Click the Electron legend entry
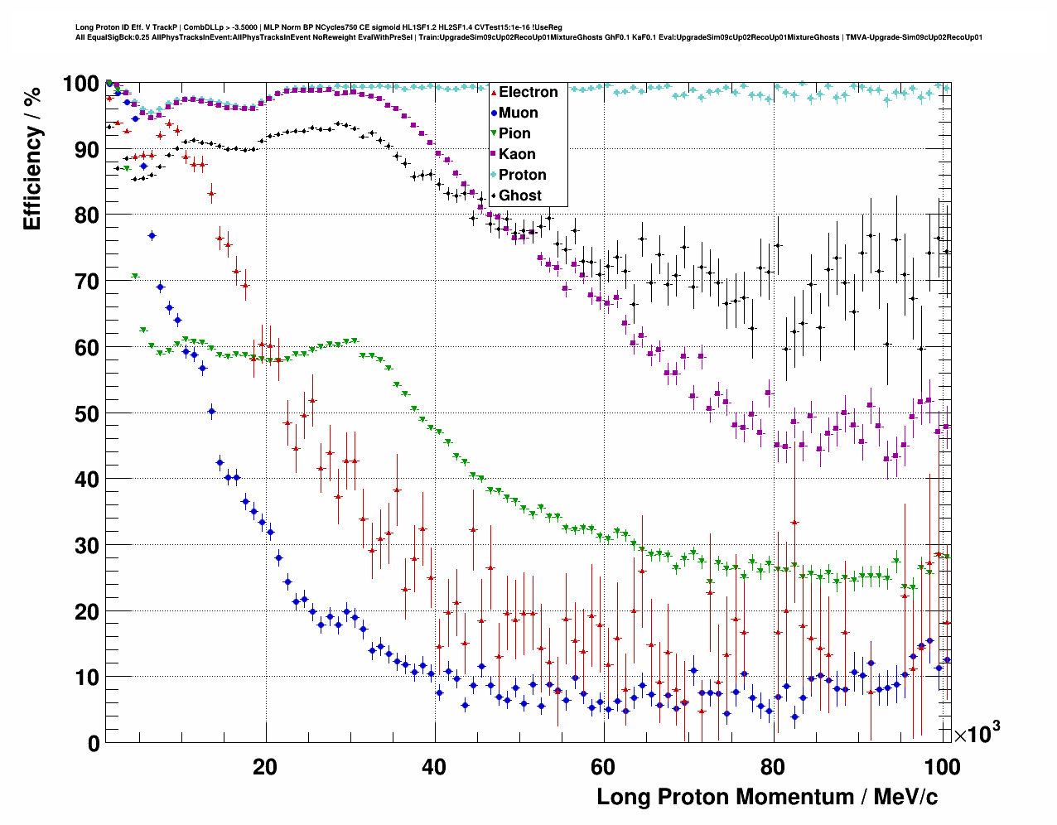tap(528, 92)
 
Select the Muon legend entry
tap(518, 113)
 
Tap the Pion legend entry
tap(514, 133)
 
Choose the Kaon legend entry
tap(517, 154)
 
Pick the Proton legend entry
tap(522, 175)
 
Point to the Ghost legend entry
tap(519, 195)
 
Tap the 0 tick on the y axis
tap(94, 743)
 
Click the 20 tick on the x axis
tap(265, 766)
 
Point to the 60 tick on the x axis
tap(603, 766)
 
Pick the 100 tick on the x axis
tap(942, 766)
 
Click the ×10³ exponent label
tap(977, 733)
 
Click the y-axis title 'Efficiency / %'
tap(32, 158)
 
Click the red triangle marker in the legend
tap(494, 92)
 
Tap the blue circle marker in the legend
tap(494, 113)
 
